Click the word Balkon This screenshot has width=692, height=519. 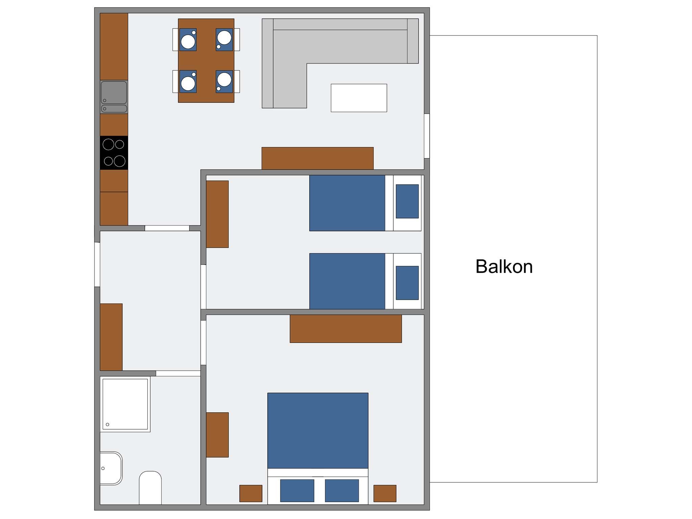pos(504,267)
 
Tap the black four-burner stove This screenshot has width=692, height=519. pos(114,153)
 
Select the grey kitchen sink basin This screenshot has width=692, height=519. pos(114,92)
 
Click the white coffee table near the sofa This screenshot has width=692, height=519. pos(359,98)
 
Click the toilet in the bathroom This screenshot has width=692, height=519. pos(150,488)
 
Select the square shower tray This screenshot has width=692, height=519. pos(125,404)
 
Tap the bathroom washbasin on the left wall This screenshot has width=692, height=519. pos(111,468)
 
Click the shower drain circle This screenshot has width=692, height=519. pos(107,425)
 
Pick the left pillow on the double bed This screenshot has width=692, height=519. pos(297,491)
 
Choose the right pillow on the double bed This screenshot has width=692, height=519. pos(342,491)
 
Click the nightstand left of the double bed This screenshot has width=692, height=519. pos(251,493)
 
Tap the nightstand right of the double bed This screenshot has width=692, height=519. pos(385,493)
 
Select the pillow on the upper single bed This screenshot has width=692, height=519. pos(407,201)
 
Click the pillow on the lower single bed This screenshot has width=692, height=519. pos(407,283)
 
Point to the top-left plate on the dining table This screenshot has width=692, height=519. pos(188,42)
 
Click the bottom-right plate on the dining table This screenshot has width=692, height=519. pos(224,80)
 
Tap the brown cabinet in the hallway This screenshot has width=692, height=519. pos(111,337)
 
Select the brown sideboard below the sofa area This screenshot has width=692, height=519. pos(318,158)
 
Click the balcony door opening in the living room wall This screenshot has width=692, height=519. pos(427,136)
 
